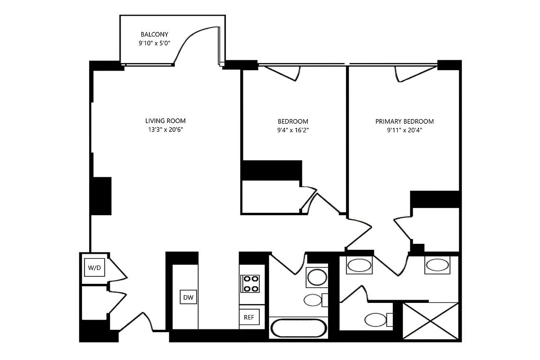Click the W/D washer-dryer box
(94, 268)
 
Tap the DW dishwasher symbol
(189, 297)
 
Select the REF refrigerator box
(249, 317)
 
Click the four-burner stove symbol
(251, 283)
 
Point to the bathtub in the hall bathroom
(298, 328)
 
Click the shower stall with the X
(431, 321)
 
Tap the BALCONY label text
(154, 34)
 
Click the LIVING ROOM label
(165, 121)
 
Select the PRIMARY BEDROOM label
(405, 121)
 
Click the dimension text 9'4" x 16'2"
(293, 130)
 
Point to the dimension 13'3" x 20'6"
(165, 130)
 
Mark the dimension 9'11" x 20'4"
(405, 130)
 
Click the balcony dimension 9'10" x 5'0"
(154, 44)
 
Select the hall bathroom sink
(317, 277)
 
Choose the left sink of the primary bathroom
(359, 265)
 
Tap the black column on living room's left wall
(102, 196)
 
